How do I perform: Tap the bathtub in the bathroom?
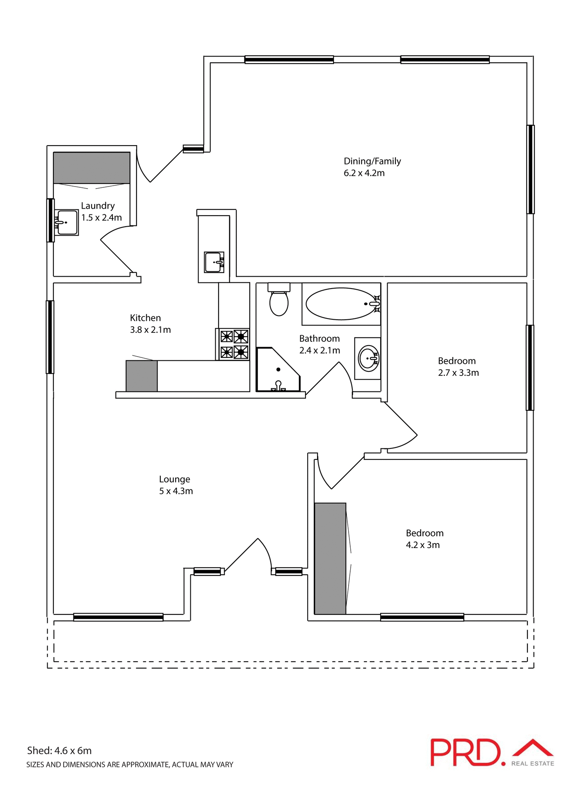tap(340, 304)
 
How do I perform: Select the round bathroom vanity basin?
tap(368, 358)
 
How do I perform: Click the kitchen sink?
tap(214, 262)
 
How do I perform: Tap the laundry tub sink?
tap(67, 223)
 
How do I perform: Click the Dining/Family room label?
tap(372, 161)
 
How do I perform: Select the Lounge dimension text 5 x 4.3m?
tap(176, 491)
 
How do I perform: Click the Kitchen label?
tap(145, 318)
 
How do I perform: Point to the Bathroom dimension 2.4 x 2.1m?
tap(319, 350)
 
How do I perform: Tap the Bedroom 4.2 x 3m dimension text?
tap(422, 545)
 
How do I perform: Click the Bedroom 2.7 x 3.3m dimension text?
tap(458, 373)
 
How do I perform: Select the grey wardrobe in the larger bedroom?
tap(330, 558)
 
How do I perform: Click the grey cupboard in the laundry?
tap(91, 168)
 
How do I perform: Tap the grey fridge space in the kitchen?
tap(141, 376)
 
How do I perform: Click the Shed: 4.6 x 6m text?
tap(59, 751)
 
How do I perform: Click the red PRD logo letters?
tap(465, 752)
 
